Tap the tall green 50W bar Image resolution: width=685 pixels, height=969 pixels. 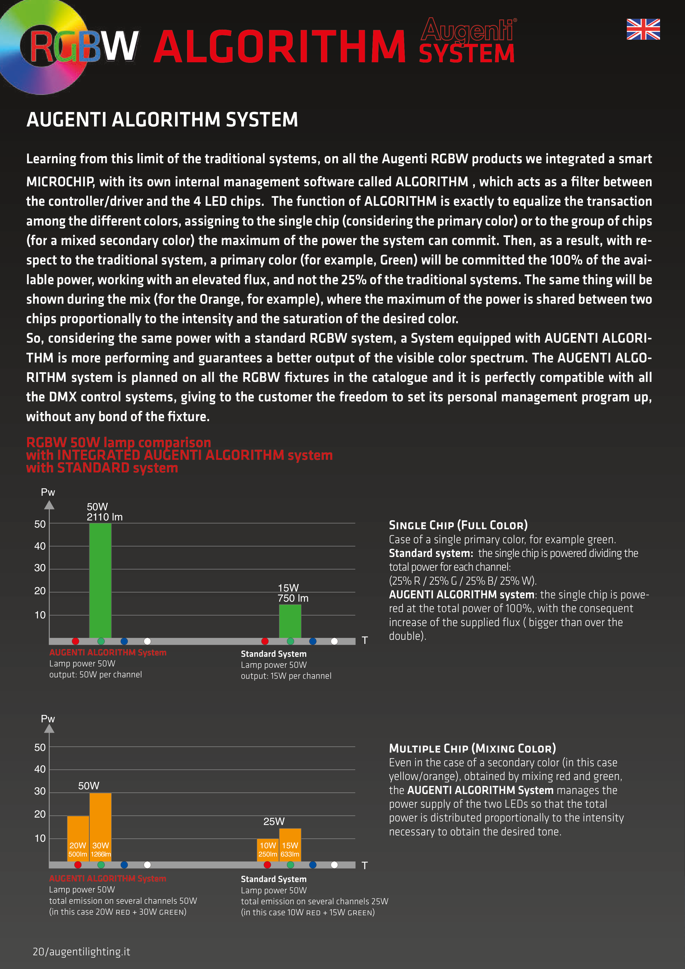(x=100, y=580)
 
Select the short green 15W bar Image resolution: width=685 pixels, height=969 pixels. (x=290, y=621)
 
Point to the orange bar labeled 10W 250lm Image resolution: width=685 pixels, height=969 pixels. (x=267, y=850)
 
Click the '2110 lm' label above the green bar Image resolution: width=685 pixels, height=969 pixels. (x=105, y=517)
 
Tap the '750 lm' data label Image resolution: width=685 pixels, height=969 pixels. (x=293, y=598)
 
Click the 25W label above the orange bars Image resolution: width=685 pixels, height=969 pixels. (x=274, y=821)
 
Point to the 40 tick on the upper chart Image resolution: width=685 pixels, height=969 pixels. (x=40, y=546)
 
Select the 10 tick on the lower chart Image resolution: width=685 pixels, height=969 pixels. (x=40, y=838)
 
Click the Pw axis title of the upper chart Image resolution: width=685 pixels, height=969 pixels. (x=48, y=492)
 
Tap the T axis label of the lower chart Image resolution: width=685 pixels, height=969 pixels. (x=365, y=866)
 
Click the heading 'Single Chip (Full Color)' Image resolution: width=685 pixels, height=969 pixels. (x=458, y=525)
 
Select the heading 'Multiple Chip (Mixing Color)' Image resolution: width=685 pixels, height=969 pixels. (x=472, y=748)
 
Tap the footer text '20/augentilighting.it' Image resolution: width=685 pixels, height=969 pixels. (x=81, y=952)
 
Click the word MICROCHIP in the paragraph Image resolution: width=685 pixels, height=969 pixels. (x=60, y=182)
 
